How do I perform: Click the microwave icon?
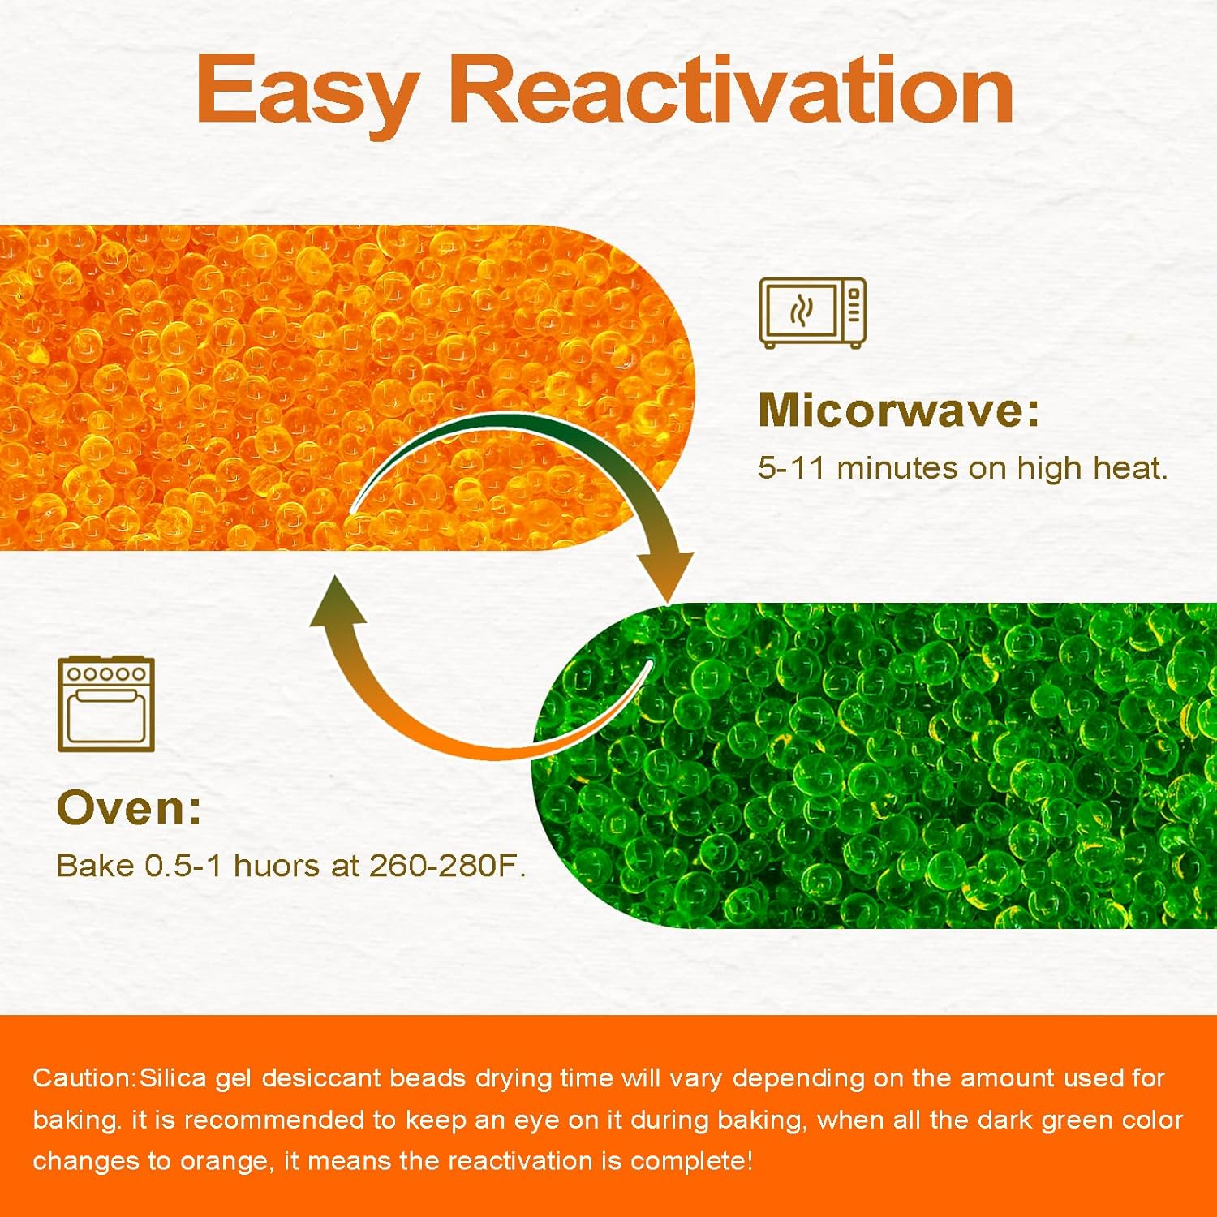point(812,313)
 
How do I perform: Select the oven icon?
point(106,704)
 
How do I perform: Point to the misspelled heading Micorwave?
point(898,410)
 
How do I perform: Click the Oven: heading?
point(129,808)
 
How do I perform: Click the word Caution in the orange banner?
point(83,1078)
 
